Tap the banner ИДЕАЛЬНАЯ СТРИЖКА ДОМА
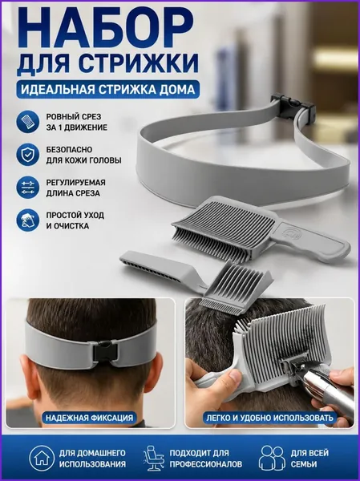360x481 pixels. pyautogui.click(x=107, y=89)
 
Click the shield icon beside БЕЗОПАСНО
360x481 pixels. pyautogui.click(x=27, y=155)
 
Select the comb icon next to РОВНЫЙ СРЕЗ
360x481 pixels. pyautogui.click(x=27, y=122)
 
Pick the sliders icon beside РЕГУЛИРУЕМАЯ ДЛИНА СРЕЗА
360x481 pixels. pyautogui.click(x=27, y=188)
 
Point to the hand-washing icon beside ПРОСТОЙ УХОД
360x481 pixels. pyautogui.click(x=27, y=220)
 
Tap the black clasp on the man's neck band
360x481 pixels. pyautogui.click(x=105, y=350)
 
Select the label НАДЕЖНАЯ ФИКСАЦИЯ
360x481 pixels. pyautogui.click(x=89, y=418)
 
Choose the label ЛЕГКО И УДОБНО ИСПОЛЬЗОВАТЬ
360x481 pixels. pyautogui.click(x=269, y=418)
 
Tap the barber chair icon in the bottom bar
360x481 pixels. pyautogui.click(x=153, y=459)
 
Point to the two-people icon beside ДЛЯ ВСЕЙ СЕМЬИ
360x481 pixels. pyautogui.click(x=271, y=459)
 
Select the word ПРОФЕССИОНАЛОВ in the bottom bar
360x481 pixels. pyautogui.click(x=205, y=464)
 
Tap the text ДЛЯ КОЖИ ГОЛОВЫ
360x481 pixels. pyautogui.click(x=83, y=160)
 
